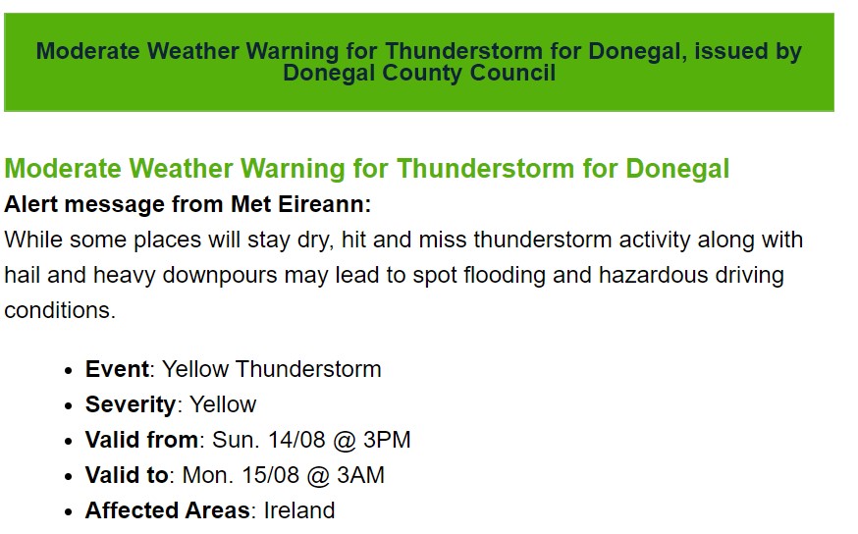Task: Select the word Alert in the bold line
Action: (30, 204)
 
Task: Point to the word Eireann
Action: (325, 204)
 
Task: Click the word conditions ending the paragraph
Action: (60, 310)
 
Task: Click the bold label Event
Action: (117, 369)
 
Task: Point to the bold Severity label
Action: (131, 404)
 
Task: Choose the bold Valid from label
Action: (141, 440)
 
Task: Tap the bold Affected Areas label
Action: (168, 510)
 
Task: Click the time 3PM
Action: (387, 440)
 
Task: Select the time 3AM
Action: (360, 475)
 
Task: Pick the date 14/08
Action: (296, 440)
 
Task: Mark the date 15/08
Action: (270, 475)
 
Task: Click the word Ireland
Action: (299, 510)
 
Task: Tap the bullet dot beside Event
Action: (68, 370)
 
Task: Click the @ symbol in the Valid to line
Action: (318, 475)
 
